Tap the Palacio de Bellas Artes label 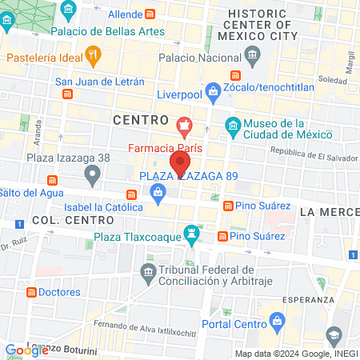[x=107, y=31]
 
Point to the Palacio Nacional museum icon [x=254, y=58]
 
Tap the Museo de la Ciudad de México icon [x=232, y=126]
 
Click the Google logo [x=26, y=350]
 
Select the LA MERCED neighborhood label [x=329, y=212]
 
